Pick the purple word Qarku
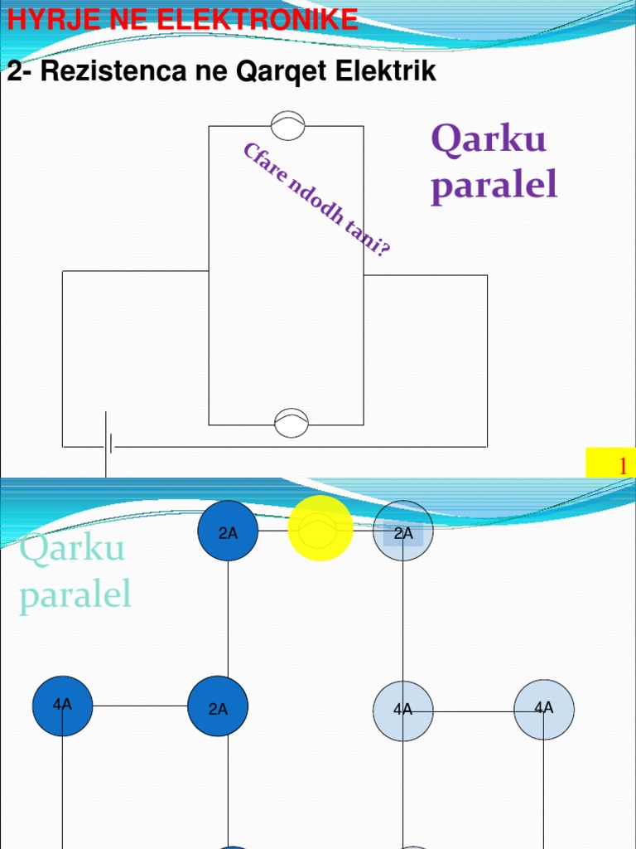489,139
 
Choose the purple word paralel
494,185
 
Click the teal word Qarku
72,548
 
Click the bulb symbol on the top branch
288,126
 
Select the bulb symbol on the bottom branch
291,422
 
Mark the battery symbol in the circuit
108,446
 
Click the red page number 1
622,467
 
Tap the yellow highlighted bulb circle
320,529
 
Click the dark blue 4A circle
62,706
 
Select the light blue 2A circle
403,531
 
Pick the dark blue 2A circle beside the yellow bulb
228,531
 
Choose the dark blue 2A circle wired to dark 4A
218,706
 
